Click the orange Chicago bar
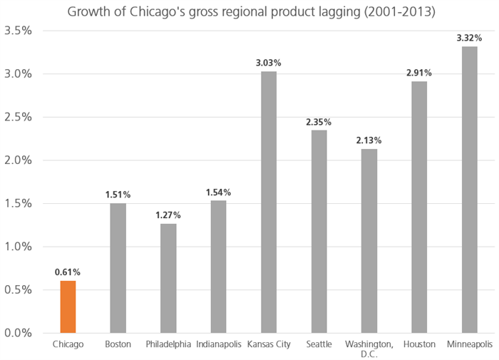pyautogui.click(x=68, y=307)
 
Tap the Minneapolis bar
pyautogui.click(x=469, y=190)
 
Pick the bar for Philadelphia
pyautogui.click(x=168, y=278)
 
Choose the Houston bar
pyautogui.click(x=419, y=207)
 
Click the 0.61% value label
pyautogui.click(x=68, y=272)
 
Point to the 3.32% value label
pyautogui.click(x=469, y=36)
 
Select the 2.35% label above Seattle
pyautogui.click(x=319, y=120)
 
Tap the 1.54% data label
pyautogui.click(x=218, y=192)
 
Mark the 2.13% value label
pyautogui.click(x=369, y=140)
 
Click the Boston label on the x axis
pyautogui.click(x=118, y=344)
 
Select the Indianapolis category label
pyautogui.click(x=218, y=344)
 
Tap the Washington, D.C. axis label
pyautogui.click(x=369, y=349)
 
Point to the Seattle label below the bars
pyautogui.click(x=319, y=344)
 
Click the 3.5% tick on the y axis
pyautogui.click(x=18, y=31)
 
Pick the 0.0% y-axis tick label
pyautogui.click(x=18, y=333)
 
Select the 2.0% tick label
pyautogui.click(x=18, y=160)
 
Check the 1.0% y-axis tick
pyautogui.click(x=18, y=247)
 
